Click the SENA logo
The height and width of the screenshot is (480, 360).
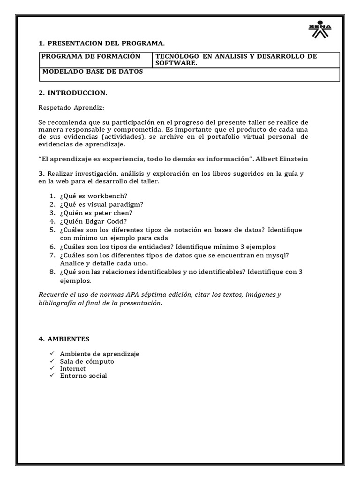tap(320, 30)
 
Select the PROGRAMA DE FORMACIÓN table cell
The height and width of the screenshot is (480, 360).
tap(91, 57)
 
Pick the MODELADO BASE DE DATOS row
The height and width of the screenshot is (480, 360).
tap(93, 72)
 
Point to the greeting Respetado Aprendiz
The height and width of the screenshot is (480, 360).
tap(68, 107)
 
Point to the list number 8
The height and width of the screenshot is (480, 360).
tap(52, 272)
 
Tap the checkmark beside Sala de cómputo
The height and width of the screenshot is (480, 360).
tap(52, 361)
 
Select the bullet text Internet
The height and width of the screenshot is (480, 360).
tap(73, 368)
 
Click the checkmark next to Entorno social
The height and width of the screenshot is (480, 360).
tap(52, 375)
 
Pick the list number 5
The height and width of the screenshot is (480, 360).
tap(52, 230)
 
